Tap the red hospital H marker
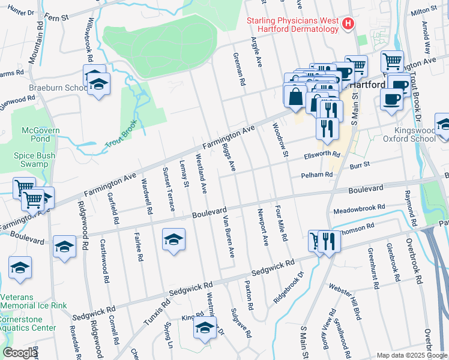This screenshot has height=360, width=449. (346, 24)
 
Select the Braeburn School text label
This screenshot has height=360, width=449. (58, 88)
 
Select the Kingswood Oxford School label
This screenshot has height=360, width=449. (415, 134)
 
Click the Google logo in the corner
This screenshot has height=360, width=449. (20, 353)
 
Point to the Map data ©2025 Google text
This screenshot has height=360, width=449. (411, 355)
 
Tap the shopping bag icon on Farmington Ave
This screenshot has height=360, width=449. (295, 96)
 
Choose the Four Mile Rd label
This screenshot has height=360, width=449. (280, 224)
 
